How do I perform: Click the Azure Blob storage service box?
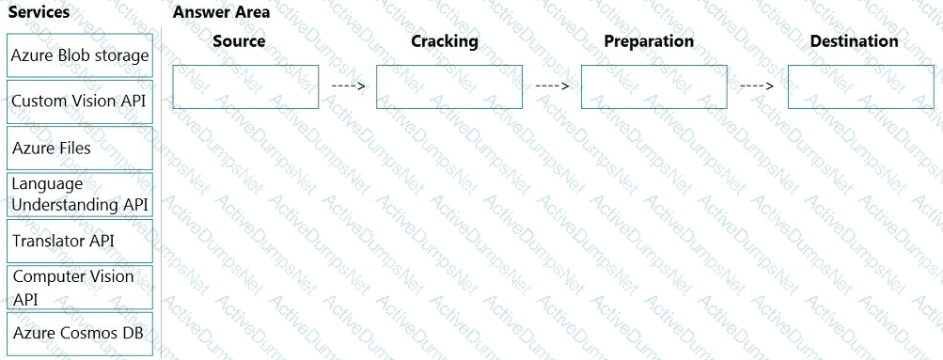[x=80, y=55]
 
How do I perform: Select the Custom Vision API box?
[x=80, y=101]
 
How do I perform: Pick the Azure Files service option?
[x=80, y=148]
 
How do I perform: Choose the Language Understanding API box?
[x=80, y=195]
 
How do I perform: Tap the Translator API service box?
[x=80, y=241]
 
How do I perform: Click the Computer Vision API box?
[x=80, y=288]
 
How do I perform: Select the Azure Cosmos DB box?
[x=80, y=334]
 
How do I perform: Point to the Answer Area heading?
[x=221, y=12]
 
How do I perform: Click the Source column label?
[x=239, y=40]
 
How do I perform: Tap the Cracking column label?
[x=445, y=40]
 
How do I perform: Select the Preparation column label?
[x=649, y=41]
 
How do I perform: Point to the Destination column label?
[x=854, y=40]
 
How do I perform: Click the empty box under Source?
[x=245, y=87]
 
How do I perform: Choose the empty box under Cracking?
[x=449, y=87]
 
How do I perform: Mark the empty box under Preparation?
[x=654, y=87]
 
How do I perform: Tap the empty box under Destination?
[x=861, y=87]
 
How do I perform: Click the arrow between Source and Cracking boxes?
[x=348, y=86]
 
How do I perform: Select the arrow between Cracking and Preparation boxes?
[x=552, y=86]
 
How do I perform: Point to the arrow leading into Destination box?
[x=757, y=86]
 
